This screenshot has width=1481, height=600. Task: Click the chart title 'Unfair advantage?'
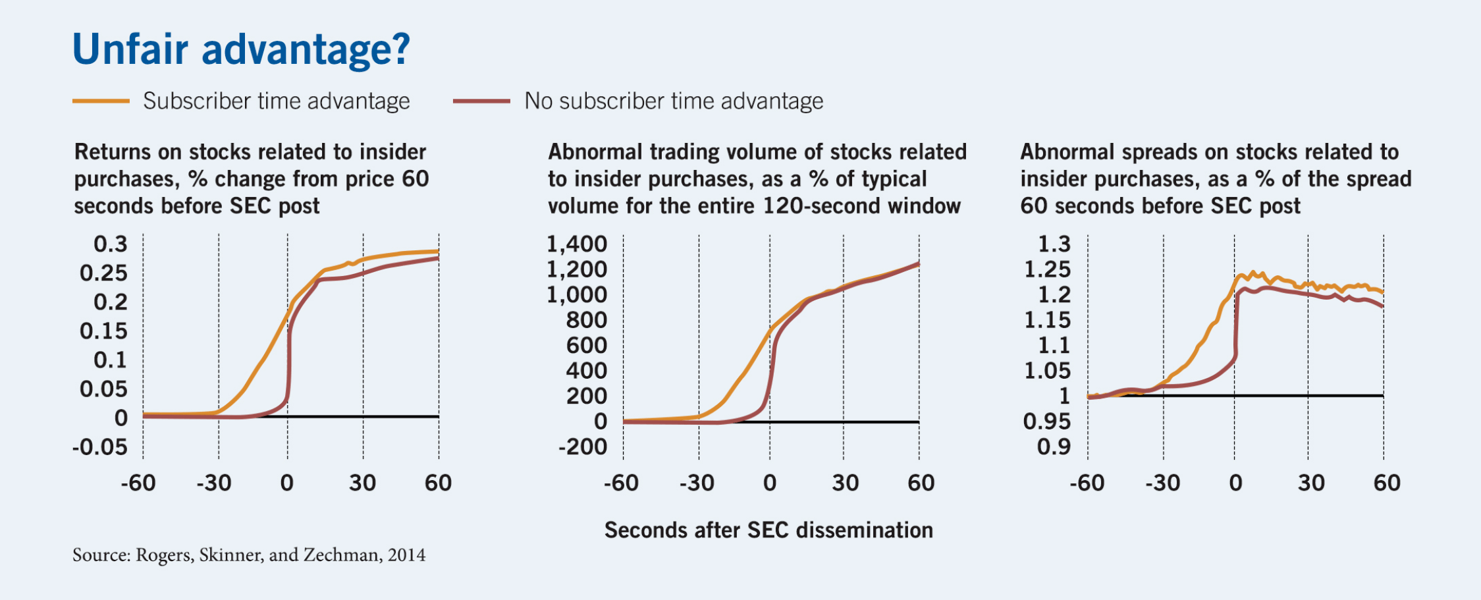(241, 49)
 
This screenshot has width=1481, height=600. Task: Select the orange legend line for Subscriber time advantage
(101, 101)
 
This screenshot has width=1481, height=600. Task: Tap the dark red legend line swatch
(481, 101)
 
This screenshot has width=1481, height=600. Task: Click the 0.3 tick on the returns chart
(110, 244)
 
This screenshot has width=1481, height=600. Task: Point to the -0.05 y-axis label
(100, 447)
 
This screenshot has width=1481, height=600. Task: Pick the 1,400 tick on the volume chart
(577, 244)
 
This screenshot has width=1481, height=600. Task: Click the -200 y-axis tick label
(583, 447)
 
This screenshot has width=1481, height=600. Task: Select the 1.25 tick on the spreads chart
(1047, 269)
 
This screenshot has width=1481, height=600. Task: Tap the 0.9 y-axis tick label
(1054, 447)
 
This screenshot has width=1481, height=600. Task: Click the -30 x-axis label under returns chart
(214, 483)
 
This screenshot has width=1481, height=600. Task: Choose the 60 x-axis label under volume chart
(921, 483)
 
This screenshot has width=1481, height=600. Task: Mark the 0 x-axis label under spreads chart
(1235, 483)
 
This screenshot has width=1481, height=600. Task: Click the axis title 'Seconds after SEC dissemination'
(768, 530)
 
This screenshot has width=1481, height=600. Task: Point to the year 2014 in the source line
(406, 555)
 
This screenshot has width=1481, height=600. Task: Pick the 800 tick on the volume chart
(586, 320)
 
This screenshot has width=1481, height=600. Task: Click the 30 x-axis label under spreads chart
(1310, 483)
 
